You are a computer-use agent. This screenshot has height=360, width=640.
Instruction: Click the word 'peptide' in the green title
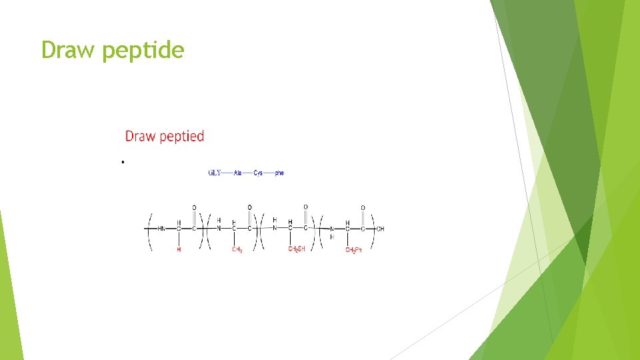coord(143,51)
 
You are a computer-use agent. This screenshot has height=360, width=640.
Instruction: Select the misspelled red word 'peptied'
coord(181,137)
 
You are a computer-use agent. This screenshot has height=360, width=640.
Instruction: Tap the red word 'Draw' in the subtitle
coord(140,136)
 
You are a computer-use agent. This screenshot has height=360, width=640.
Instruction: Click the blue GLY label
coord(215,173)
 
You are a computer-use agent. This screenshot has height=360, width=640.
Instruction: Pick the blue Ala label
coord(238,173)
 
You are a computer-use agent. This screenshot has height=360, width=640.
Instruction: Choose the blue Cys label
coord(258,173)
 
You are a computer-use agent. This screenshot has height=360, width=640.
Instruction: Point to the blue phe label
coord(279,173)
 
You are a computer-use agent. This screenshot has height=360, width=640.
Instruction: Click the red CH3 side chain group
coord(237,250)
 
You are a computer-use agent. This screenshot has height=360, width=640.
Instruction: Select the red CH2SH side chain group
coord(296,249)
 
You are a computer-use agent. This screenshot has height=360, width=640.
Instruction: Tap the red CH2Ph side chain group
coord(353,250)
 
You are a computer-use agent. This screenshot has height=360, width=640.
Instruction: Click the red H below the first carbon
coord(179,249)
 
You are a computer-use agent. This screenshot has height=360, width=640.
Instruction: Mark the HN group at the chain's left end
coord(161,229)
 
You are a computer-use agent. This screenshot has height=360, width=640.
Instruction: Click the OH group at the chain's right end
coord(380,229)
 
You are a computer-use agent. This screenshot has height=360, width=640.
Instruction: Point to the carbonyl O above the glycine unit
coord(194,207)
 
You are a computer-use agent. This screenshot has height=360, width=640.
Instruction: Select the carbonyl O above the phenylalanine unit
coord(363,207)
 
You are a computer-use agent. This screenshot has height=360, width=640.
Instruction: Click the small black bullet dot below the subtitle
coord(123,162)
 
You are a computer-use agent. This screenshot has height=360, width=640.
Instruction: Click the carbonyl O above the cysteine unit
coord(305,207)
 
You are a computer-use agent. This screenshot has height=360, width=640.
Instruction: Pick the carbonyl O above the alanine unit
coord(250,207)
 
